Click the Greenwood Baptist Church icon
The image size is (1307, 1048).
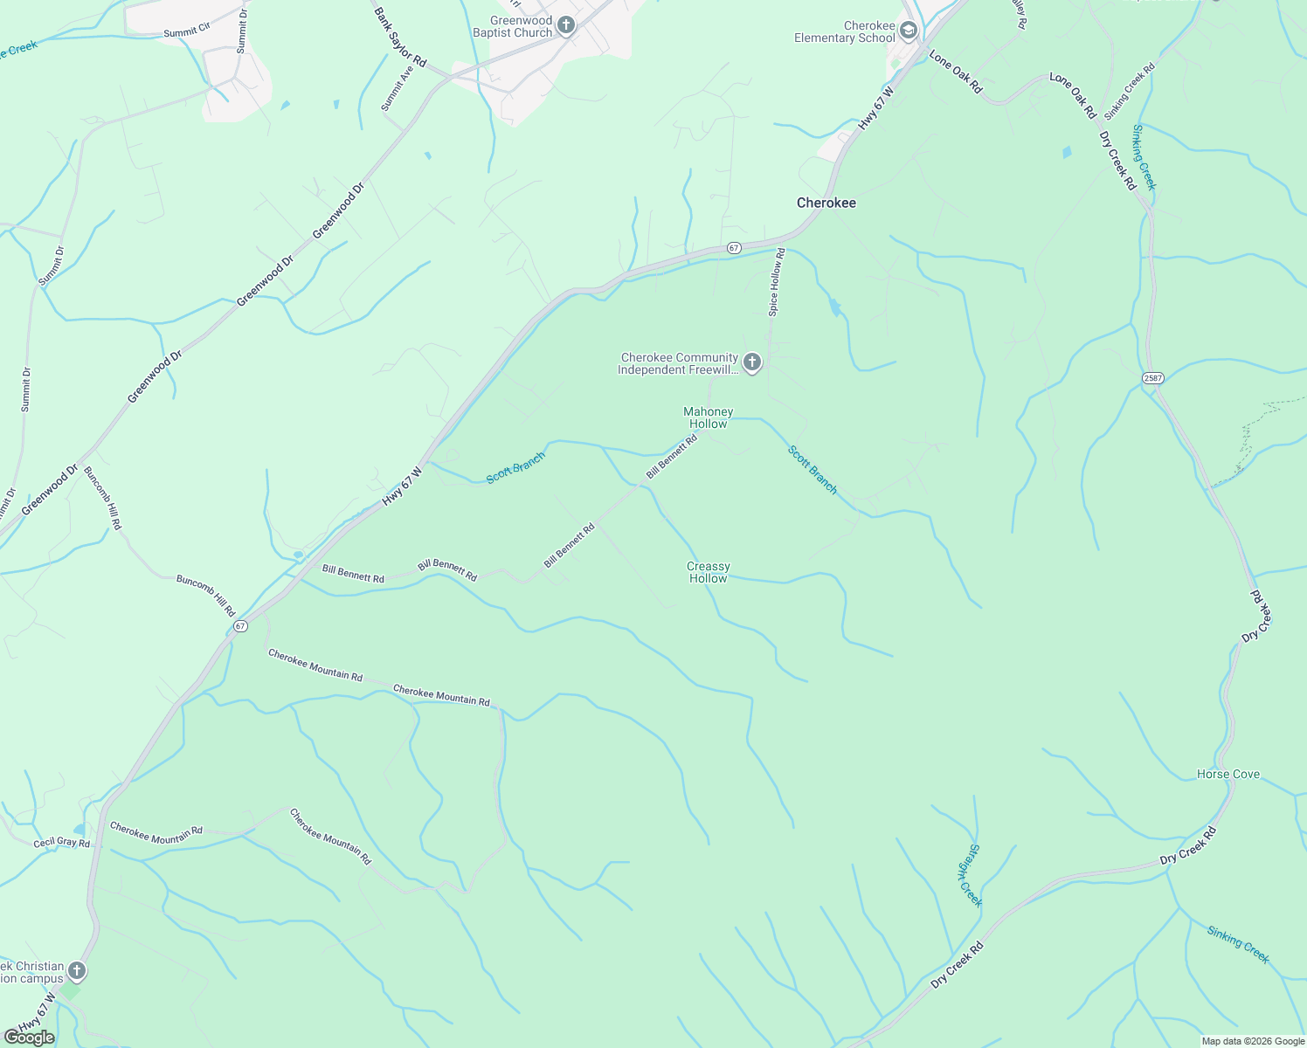(x=566, y=25)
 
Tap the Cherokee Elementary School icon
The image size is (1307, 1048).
(x=908, y=31)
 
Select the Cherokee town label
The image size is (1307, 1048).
(x=826, y=203)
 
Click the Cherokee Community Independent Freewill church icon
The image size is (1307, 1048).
(x=752, y=362)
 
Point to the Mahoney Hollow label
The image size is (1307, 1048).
(x=708, y=417)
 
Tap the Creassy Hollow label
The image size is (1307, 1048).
(x=708, y=572)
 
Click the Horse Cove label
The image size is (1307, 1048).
(x=1228, y=775)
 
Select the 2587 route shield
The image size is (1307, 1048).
(x=1152, y=377)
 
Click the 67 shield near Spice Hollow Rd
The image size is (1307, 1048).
(x=734, y=248)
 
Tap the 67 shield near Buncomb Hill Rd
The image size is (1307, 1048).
(x=240, y=626)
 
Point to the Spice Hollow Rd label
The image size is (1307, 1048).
(x=776, y=282)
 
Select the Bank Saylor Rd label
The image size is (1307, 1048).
(x=400, y=38)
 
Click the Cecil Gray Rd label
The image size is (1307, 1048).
(x=61, y=844)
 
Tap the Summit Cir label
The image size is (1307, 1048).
(x=187, y=31)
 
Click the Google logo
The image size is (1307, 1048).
(x=29, y=1038)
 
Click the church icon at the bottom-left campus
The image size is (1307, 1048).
(x=77, y=971)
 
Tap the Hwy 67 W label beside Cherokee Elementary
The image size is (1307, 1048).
(x=876, y=108)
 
